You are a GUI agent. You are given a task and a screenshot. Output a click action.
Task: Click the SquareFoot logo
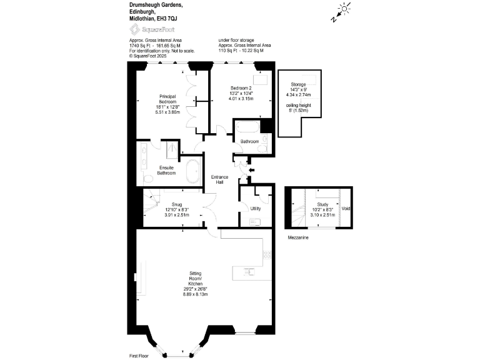(x=144, y=29)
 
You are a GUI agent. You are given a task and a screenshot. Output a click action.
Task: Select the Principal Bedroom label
(x=167, y=99)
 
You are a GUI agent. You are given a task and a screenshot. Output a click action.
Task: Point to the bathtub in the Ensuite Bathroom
(x=192, y=171)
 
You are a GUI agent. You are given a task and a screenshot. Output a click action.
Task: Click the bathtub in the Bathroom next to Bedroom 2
(x=246, y=130)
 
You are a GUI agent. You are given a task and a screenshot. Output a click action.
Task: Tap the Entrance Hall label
(x=220, y=179)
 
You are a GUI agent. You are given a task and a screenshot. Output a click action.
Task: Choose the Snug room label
(x=177, y=204)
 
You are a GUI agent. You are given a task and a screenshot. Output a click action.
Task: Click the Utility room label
(x=255, y=208)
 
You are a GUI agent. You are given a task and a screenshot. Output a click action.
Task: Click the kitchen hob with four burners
(x=267, y=255)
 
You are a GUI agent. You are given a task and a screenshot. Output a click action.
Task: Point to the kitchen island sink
(x=249, y=272)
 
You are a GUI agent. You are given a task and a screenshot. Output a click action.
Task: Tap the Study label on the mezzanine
(x=323, y=204)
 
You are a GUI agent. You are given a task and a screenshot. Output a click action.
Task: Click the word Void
(x=346, y=208)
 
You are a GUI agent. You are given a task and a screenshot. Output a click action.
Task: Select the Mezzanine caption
(x=297, y=238)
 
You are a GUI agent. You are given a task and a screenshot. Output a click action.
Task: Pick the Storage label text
(x=298, y=84)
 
